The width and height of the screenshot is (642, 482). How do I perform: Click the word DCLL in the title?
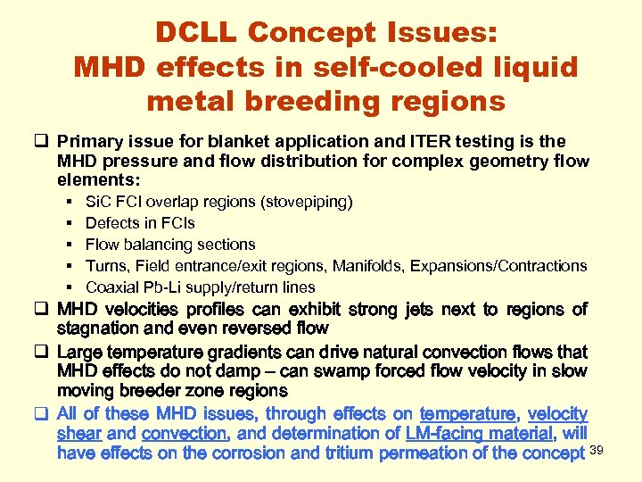[x=195, y=33]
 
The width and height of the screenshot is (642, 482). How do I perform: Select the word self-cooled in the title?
[x=374, y=67]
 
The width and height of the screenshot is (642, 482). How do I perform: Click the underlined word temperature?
[x=467, y=413]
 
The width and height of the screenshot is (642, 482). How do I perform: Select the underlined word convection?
[x=185, y=434]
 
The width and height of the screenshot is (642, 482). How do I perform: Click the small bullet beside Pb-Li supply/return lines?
[x=70, y=287]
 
